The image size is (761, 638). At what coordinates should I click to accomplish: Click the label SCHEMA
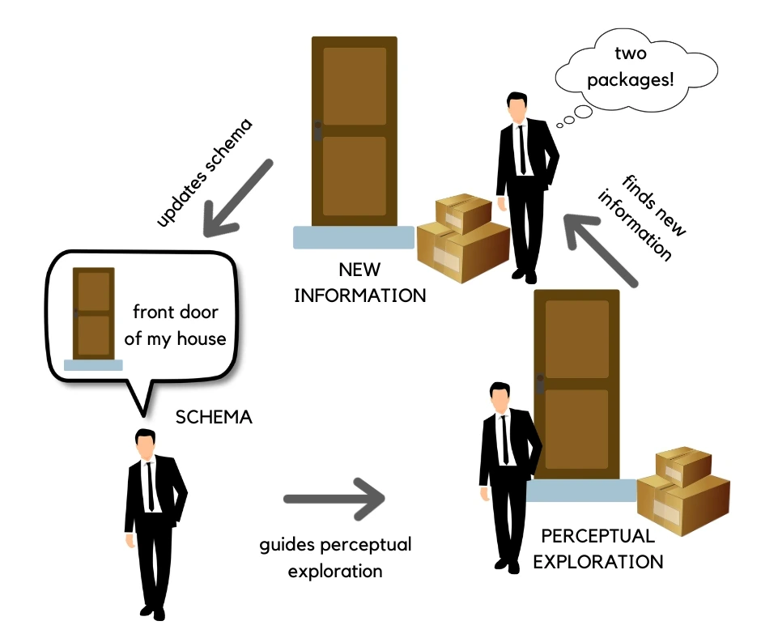[214, 418]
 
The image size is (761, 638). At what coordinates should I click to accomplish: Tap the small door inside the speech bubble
[93, 314]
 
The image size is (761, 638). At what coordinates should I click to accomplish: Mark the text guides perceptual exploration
[335, 557]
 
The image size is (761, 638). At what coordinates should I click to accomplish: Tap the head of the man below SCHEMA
[146, 444]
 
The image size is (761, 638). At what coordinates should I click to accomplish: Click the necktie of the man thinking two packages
[521, 150]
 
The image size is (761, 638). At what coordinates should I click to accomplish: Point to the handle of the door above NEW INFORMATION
[318, 131]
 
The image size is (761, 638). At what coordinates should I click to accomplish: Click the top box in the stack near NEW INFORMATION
[464, 212]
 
